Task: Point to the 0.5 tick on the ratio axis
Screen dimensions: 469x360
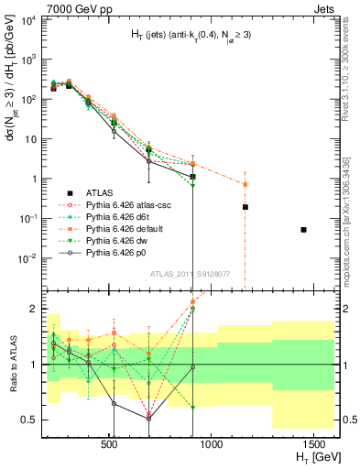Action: (x=34, y=420)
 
